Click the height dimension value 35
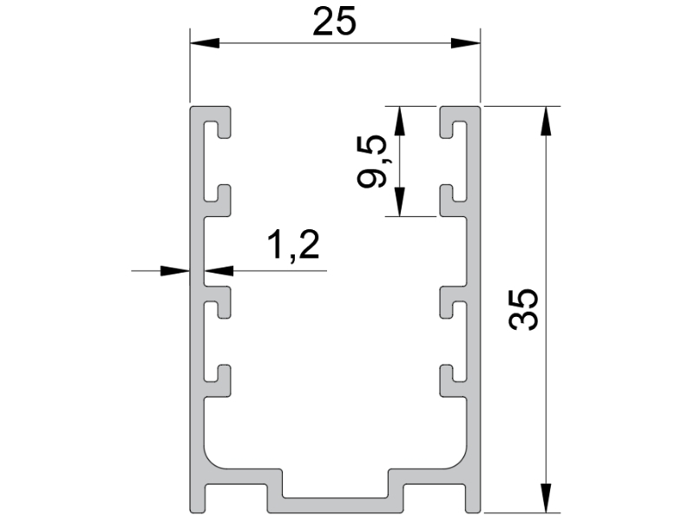pyautogui.click(x=524, y=309)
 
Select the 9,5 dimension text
pyautogui.click(x=372, y=162)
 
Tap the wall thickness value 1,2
pyautogui.click(x=293, y=245)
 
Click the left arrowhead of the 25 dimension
pyautogui.click(x=205, y=43)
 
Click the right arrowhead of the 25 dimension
pyautogui.click(x=466, y=43)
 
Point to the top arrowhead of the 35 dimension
pyautogui.click(x=547, y=121)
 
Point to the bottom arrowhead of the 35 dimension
pyautogui.click(x=547, y=498)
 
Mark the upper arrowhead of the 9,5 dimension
pyautogui.click(x=400, y=121)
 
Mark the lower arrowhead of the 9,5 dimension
pyautogui.click(x=400, y=202)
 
